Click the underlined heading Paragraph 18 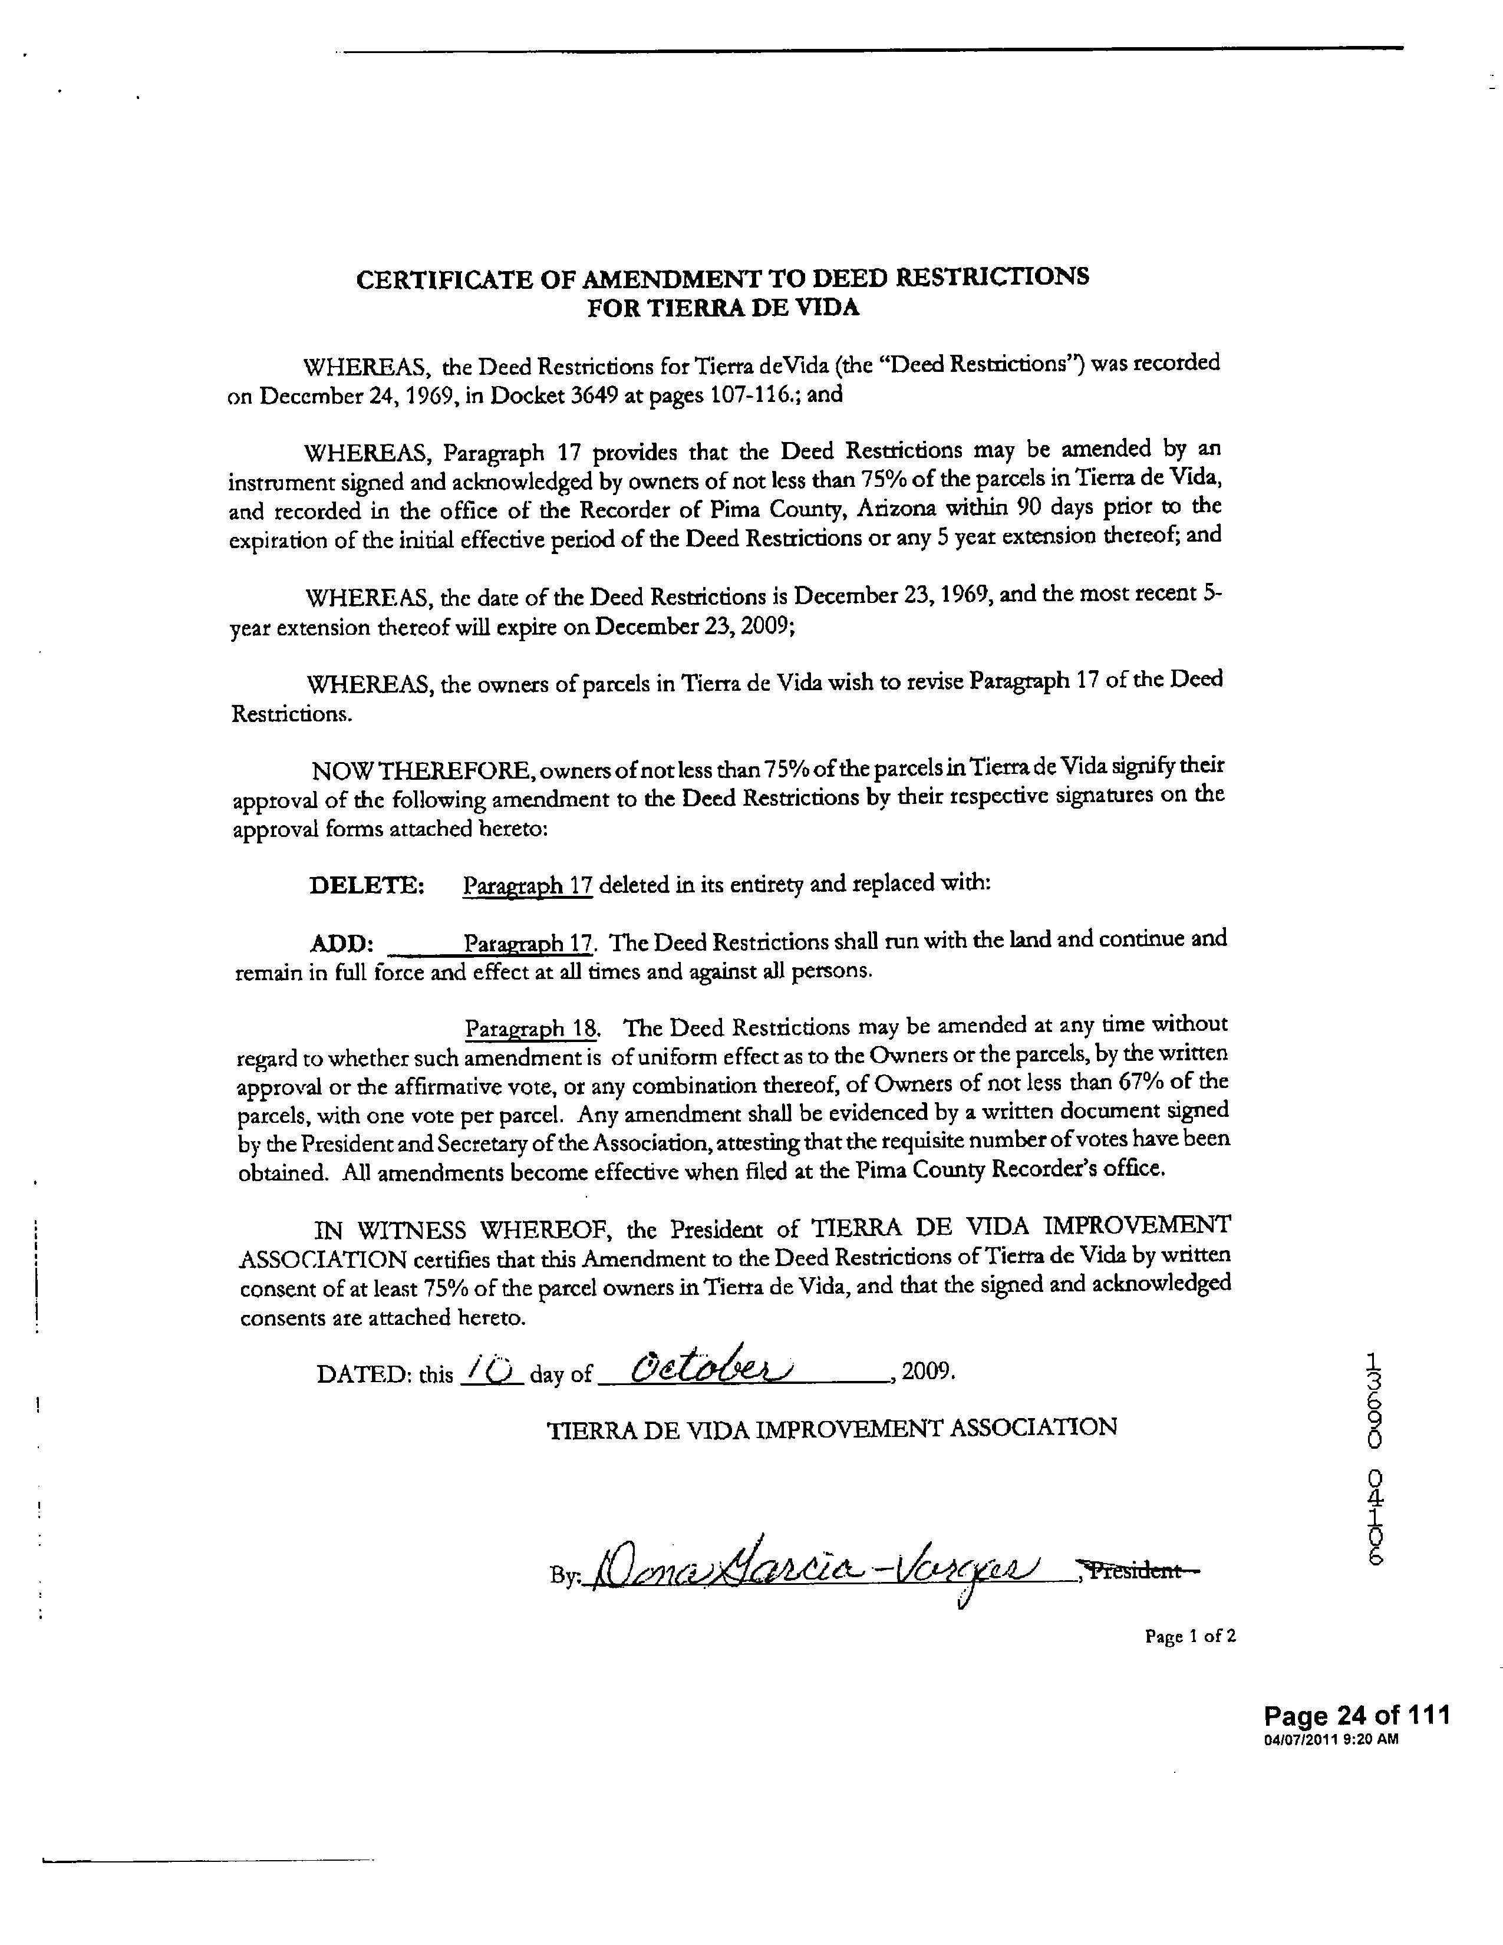click(x=532, y=1028)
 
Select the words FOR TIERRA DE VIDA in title click(x=723, y=308)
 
